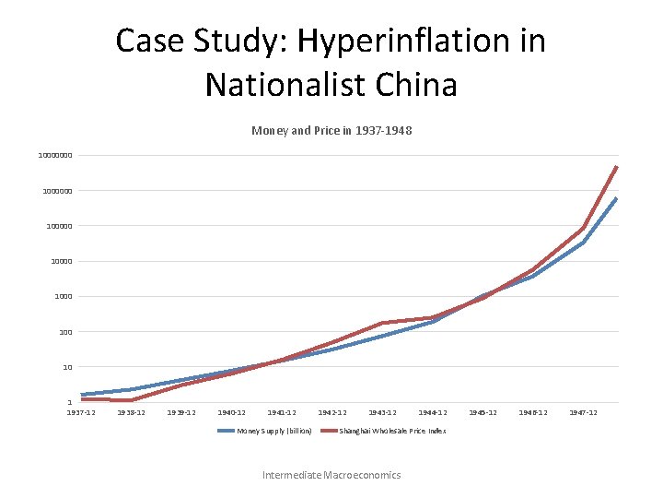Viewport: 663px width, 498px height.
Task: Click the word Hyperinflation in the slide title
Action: click(x=420, y=41)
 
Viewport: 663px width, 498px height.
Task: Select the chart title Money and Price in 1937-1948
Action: click(x=331, y=131)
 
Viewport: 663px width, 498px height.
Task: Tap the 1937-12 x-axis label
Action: click(x=81, y=412)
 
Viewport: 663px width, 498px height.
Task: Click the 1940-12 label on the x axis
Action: click(x=231, y=412)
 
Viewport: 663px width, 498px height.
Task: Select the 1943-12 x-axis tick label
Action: click(x=382, y=412)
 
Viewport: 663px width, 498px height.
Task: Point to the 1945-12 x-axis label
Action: click(x=483, y=412)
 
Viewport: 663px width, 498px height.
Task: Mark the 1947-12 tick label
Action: click(x=583, y=412)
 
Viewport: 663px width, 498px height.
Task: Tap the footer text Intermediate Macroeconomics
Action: click(x=331, y=475)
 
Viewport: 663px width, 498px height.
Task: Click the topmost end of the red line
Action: click(x=616, y=167)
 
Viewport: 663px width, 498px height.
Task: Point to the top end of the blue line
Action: click(x=616, y=198)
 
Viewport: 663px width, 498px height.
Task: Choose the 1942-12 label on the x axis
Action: click(x=331, y=412)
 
